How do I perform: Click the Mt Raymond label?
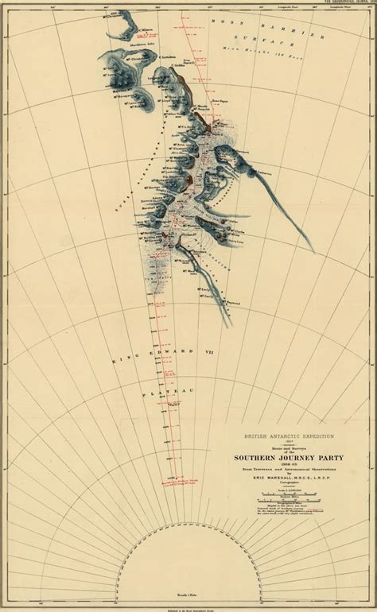click(230, 303)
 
